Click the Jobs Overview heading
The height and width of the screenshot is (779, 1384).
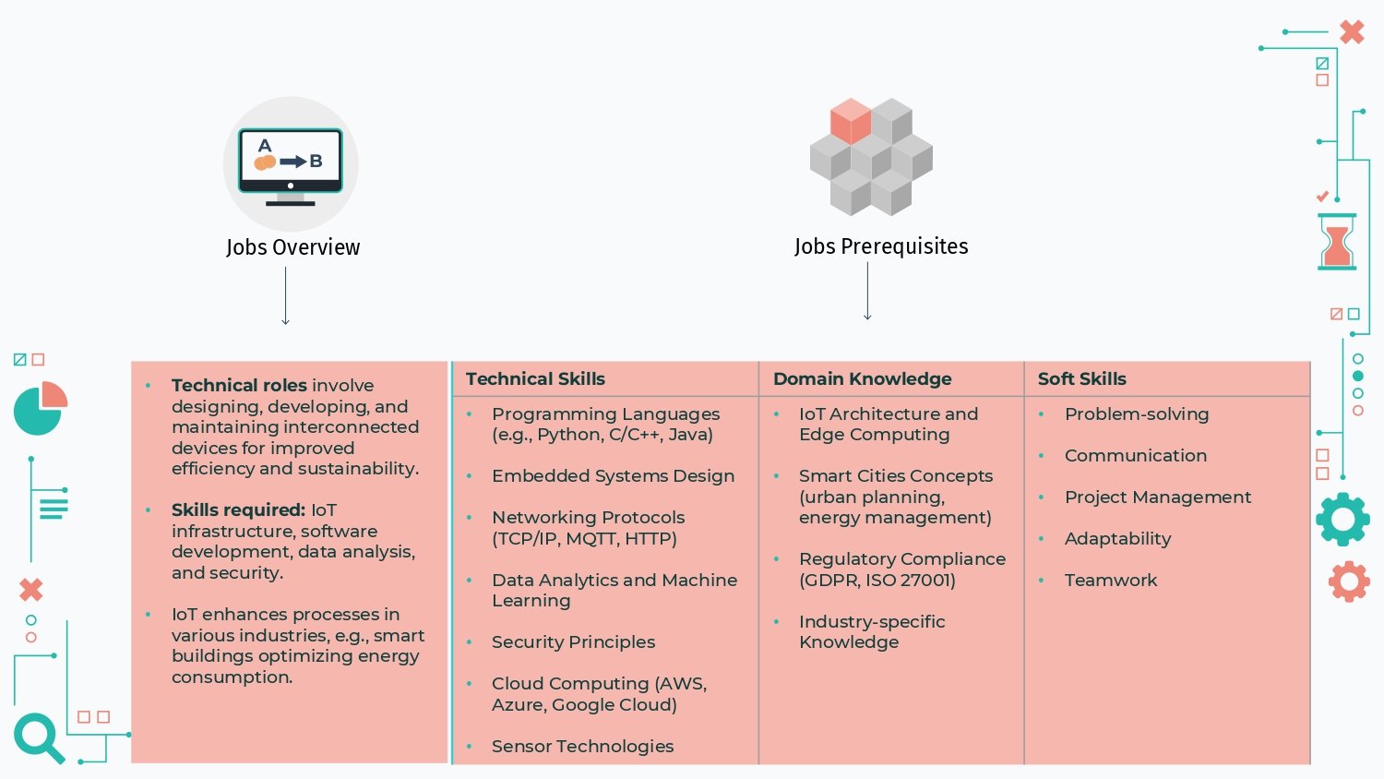point(292,247)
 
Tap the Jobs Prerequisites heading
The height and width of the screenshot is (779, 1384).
point(881,246)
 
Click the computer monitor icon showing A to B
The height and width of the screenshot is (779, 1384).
point(291,166)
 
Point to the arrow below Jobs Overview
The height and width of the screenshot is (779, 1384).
point(285,296)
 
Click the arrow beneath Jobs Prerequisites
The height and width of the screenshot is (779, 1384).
point(867,291)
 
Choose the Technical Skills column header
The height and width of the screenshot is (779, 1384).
point(535,379)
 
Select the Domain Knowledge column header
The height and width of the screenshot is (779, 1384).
point(862,379)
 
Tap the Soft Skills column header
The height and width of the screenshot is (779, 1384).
point(1082,379)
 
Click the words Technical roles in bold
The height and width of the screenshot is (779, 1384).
point(239,385)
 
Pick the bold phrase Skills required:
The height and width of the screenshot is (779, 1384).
point(238,510)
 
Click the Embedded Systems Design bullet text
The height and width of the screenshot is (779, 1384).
point(613,476)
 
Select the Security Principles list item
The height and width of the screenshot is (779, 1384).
point(573,642)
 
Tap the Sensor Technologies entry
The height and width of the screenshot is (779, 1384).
point(582,746)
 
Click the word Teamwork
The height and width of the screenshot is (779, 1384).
point(1110,580)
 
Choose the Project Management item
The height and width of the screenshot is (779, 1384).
point(1157,497)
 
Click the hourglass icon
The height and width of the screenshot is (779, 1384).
point(1337,242)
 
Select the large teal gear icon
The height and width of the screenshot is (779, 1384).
point(1342,520)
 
